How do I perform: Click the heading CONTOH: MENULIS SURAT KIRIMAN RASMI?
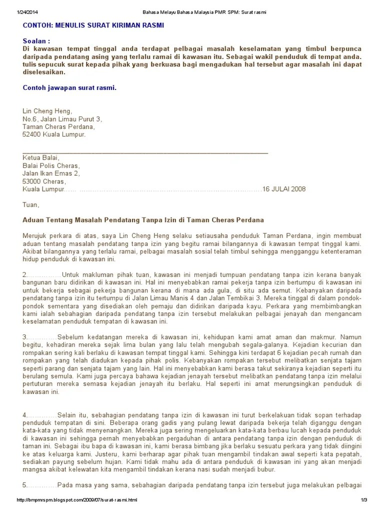[x=93, y=25]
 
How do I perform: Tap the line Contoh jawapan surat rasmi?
[x=69, y=88]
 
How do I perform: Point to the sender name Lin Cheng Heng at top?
[x=47, y=111]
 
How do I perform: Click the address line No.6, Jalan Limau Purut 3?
[x=62, y=119]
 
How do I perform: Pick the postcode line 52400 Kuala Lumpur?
[x=54, y=134]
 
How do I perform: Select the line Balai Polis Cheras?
[x=50, y=165]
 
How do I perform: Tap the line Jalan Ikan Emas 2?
[x=51, y=173]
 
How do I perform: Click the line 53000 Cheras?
[x=44, y=181]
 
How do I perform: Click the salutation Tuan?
[x=30, y=204]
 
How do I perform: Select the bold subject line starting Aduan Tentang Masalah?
[x=143, y=220]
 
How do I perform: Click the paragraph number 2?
[x=25, y=275]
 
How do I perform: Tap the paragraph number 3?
[x=25, y=337]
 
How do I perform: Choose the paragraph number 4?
[x=25, y=415]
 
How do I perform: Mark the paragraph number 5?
[x=25, y=485]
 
